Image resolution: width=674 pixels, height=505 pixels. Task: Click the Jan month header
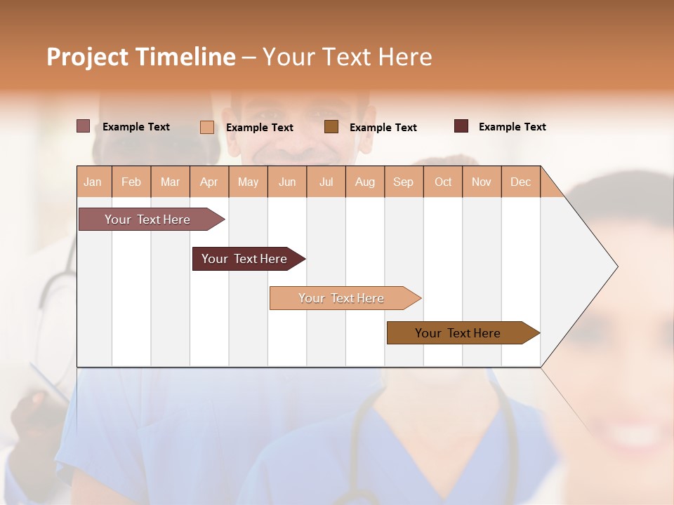click(x=93, y=182)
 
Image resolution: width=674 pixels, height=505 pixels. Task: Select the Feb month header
click(x=131, y=182)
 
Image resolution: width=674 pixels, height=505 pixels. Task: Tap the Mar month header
click(x=170, y=182)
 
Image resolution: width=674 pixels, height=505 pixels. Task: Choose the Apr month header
click(x=209, y=182)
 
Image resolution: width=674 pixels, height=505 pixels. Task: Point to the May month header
click(x=248, y=182)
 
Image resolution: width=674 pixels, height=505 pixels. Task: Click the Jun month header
click(x=287, y=182)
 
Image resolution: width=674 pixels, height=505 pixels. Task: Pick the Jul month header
click(x=326, y=182)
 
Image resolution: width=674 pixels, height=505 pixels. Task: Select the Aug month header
click(x=365, y=182)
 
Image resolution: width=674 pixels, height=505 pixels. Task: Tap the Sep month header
click(x=404, y=182)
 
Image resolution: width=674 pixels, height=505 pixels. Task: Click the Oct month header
click(x=443, y=182)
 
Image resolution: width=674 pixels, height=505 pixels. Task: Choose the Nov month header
click(x=482, y=182)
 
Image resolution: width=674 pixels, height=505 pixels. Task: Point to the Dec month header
click(x=521, y=182)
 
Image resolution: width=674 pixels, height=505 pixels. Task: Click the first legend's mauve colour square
click(x=83, y=126)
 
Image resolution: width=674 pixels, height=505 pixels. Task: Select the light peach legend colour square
click(x=206, y=127)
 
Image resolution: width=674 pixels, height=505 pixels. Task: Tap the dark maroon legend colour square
click(x=461, y=126)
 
